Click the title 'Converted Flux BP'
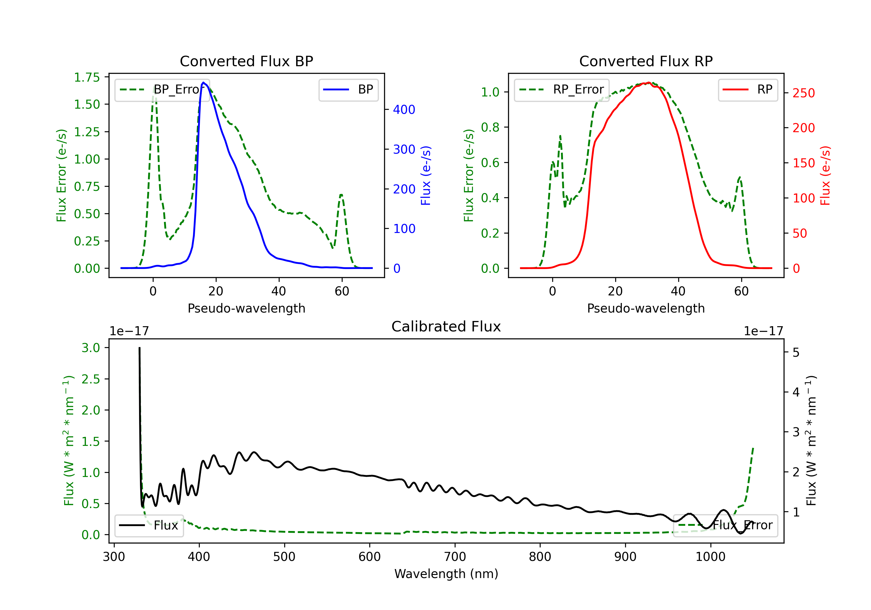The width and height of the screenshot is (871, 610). (246, 61)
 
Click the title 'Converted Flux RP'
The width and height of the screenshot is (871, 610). (646, 61)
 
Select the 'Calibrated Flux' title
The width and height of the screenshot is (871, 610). (446, 326)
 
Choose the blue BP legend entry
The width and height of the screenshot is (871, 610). (348, 89)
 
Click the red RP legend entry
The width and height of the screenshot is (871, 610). (748, 89)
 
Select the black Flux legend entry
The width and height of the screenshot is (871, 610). (149, 525)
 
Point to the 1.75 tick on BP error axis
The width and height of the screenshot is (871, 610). (87, 78)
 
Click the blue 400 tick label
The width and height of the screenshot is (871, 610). (404, 110)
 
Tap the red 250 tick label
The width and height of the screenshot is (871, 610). (803, 93)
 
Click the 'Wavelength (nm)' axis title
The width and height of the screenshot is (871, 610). (446, 574)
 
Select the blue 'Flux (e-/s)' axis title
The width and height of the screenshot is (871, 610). (426, 175)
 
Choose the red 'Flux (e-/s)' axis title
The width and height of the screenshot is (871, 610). (825, 175)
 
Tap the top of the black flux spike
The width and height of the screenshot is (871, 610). (140, 348)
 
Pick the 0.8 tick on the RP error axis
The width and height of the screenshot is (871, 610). (490, 127)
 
